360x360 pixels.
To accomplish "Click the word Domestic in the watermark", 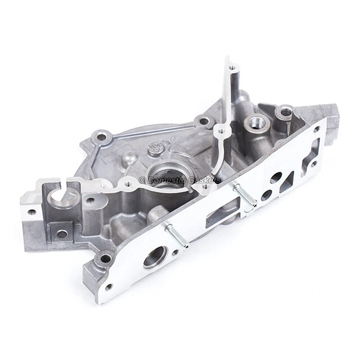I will (x=167, y=179).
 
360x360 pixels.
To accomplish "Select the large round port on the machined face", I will (x=155, y=256).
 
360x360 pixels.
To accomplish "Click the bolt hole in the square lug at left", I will (x=61, y=233).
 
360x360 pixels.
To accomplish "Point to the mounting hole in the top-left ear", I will (x=102, y=136).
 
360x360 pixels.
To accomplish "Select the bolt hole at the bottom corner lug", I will (x=105, y=259).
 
